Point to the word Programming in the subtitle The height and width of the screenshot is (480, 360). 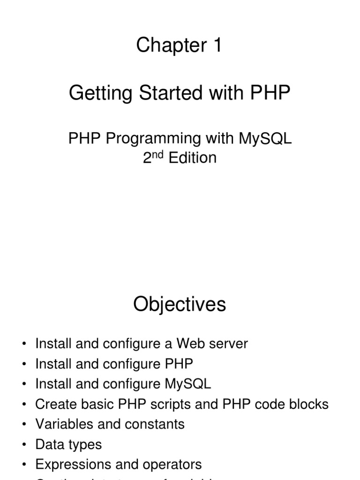[153, 138]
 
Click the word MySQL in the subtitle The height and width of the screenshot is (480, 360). [265, 138]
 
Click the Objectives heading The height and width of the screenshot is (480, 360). [180, 305]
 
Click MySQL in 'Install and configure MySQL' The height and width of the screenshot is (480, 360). [188, 384]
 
